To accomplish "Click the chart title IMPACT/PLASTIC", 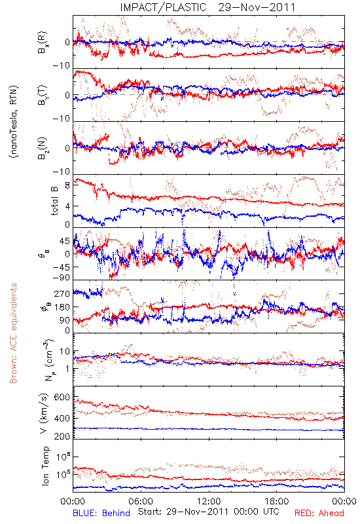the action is (x=163, y=7).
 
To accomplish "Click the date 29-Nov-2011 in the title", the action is (x=257, y=7).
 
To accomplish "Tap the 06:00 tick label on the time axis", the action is (x=141, y=501).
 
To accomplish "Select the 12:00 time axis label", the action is (x=209, y=501).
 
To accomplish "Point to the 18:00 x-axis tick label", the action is (x=277, y=501).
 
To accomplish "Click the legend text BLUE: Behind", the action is (x=101, y=513).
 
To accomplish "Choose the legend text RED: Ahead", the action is (x=319, y=513).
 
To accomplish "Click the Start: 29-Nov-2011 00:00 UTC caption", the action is (x=208, y=512).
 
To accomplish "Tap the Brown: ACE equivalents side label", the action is (x=13, y=333).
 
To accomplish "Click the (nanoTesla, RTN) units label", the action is (x=14, y=122).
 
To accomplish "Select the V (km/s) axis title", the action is (x=44, y=413).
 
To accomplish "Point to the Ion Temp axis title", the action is (x=45, y=466).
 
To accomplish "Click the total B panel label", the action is (x=54, y=201).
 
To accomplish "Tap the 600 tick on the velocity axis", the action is (x=62, y=397).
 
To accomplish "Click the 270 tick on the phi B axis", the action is (x=62, y=293).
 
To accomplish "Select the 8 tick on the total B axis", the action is (x=67, y=185).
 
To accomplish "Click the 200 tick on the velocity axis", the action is (x=62, y=436).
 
